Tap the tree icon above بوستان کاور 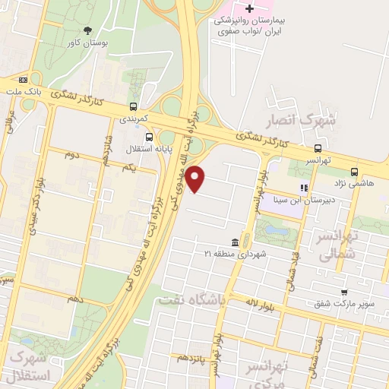88,31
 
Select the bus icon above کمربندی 134,106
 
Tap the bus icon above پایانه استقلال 149,138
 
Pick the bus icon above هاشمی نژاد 376,172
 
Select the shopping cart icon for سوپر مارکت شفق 344,293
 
